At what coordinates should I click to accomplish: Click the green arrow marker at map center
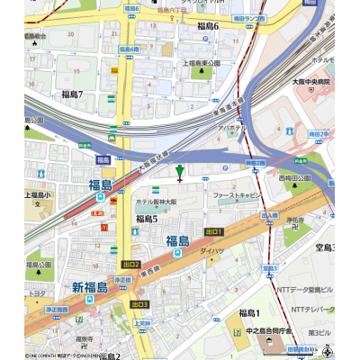coord(180,171)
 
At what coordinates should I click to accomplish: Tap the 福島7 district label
coord(73,94)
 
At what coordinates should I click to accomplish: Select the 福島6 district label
coord(208,27)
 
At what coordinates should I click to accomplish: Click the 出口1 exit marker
coord(213,231)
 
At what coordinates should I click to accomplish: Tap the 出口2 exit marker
coord(131,265)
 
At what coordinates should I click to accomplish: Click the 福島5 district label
coord(147,219)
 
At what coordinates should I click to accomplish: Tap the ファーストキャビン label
coord(236,194)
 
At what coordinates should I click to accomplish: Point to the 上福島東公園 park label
coord(208,64)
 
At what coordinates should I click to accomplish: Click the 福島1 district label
coord(248,312)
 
